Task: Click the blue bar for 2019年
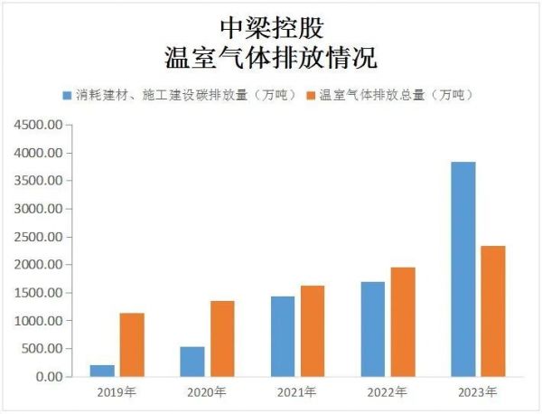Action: [x=102, y=371]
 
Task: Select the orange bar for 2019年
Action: [x=132, y=344]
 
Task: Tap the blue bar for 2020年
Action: [x=192, y=362]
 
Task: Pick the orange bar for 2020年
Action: [x=222, y=339]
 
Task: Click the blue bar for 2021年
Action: [x=283, y=336]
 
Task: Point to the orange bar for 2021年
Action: [x=313, y=331]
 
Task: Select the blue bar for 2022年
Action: [x=373, y=329]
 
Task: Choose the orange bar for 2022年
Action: [x=403, y=322]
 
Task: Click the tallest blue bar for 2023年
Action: [x=463, y=269]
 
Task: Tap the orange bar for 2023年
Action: [x=493, y=311]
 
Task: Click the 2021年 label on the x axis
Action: [x=297, y=392]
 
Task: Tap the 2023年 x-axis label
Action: [x=478, y=392]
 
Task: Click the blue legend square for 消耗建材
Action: [x=67, y=95]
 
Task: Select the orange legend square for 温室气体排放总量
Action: [x=313, y=95]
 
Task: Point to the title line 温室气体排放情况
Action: [x=270, y=57]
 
